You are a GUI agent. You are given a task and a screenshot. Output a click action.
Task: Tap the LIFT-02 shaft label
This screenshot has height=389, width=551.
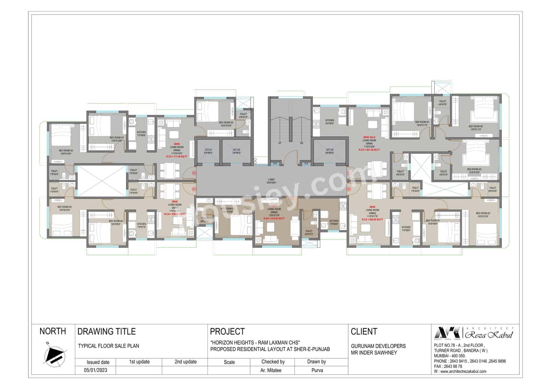pos(236,151)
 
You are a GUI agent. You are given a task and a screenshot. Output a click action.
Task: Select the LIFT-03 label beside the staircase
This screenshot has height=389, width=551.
pos(330,151)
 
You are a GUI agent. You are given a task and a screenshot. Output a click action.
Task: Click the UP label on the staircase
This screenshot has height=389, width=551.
pos(280,142)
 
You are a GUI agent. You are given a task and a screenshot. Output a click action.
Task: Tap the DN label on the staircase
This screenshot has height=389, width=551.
pos(301,142)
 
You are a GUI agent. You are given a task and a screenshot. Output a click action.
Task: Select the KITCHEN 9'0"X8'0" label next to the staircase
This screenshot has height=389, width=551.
pos(330,122)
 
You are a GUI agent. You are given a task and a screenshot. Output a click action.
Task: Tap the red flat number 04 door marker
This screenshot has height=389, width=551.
pos(194,189)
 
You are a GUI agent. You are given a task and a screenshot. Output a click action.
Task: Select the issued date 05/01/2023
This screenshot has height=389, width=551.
pos(98,370)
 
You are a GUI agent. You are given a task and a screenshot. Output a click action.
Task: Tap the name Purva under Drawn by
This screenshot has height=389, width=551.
pos(317,370)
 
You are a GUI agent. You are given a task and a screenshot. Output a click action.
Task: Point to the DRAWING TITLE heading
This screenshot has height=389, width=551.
pos(106,331)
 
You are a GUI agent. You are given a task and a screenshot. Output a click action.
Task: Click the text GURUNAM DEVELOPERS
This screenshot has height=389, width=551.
pos(378,346)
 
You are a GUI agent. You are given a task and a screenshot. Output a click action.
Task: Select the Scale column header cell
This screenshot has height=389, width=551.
pos(229,362)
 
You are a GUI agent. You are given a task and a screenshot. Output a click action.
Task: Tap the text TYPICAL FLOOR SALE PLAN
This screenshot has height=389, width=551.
pos(108,346)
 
